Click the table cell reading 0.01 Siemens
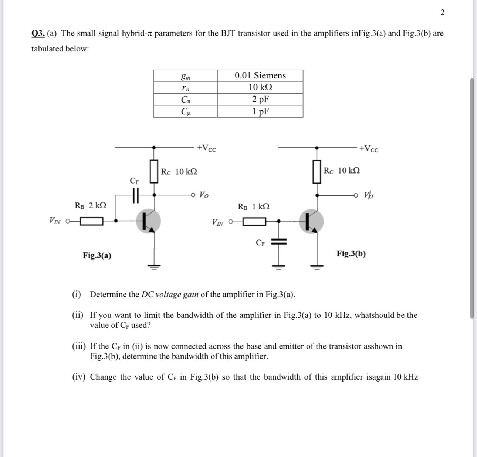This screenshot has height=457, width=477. point(260,75)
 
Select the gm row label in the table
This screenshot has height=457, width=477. point(186,76)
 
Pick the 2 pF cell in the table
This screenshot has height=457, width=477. point(260,99)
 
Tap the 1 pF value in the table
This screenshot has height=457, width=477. point(260,111)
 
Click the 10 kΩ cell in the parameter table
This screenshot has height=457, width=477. point(260,87)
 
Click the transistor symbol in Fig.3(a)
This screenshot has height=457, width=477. point(148,221)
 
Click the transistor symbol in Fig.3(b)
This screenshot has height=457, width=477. point(311,222)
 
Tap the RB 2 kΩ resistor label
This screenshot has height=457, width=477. point(91,205)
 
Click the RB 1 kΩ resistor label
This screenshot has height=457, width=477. point(253,206)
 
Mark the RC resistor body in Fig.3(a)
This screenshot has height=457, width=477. point(154,171)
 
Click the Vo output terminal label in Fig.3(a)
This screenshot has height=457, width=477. point(204,195)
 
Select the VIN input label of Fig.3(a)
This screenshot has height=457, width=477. point(55,221)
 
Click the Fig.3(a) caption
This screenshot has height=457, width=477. point(97,255)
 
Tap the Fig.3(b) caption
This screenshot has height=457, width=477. point(351,253)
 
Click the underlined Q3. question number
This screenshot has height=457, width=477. point(38,33)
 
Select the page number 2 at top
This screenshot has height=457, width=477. point(442,13)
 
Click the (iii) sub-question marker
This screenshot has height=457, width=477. point(78,346)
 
